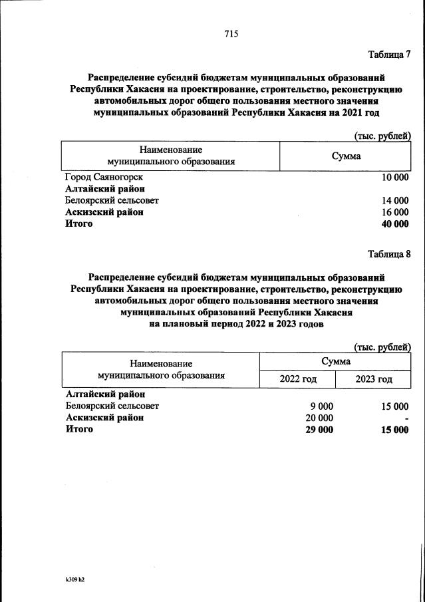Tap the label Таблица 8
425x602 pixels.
pyautogui.click(x=389, y=253)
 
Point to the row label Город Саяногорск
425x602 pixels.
pyautogui.click(x=104, y=177)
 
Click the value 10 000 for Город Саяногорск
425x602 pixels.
pyautogui.click(x=395, y=177)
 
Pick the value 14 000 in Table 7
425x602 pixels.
pyautogui.click(x=395, y=200)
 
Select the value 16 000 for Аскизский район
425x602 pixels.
pyautogui.click(x=395, y=212)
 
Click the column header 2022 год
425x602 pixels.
pyautogui.click(x=297, y=379)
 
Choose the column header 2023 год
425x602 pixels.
pyautogui.click(x=373, y=379)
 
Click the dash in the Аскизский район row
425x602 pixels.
pyautogui.click(x=406, y=418)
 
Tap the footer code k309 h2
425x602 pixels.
pyautogui.click(x=71, y=579)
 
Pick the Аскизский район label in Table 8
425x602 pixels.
pyautogui.click(x=104, y=418)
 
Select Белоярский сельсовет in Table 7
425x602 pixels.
pyautogui.click(x=112, y=200)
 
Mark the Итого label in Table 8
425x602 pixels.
pyautogui.click(x=79, y=430)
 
